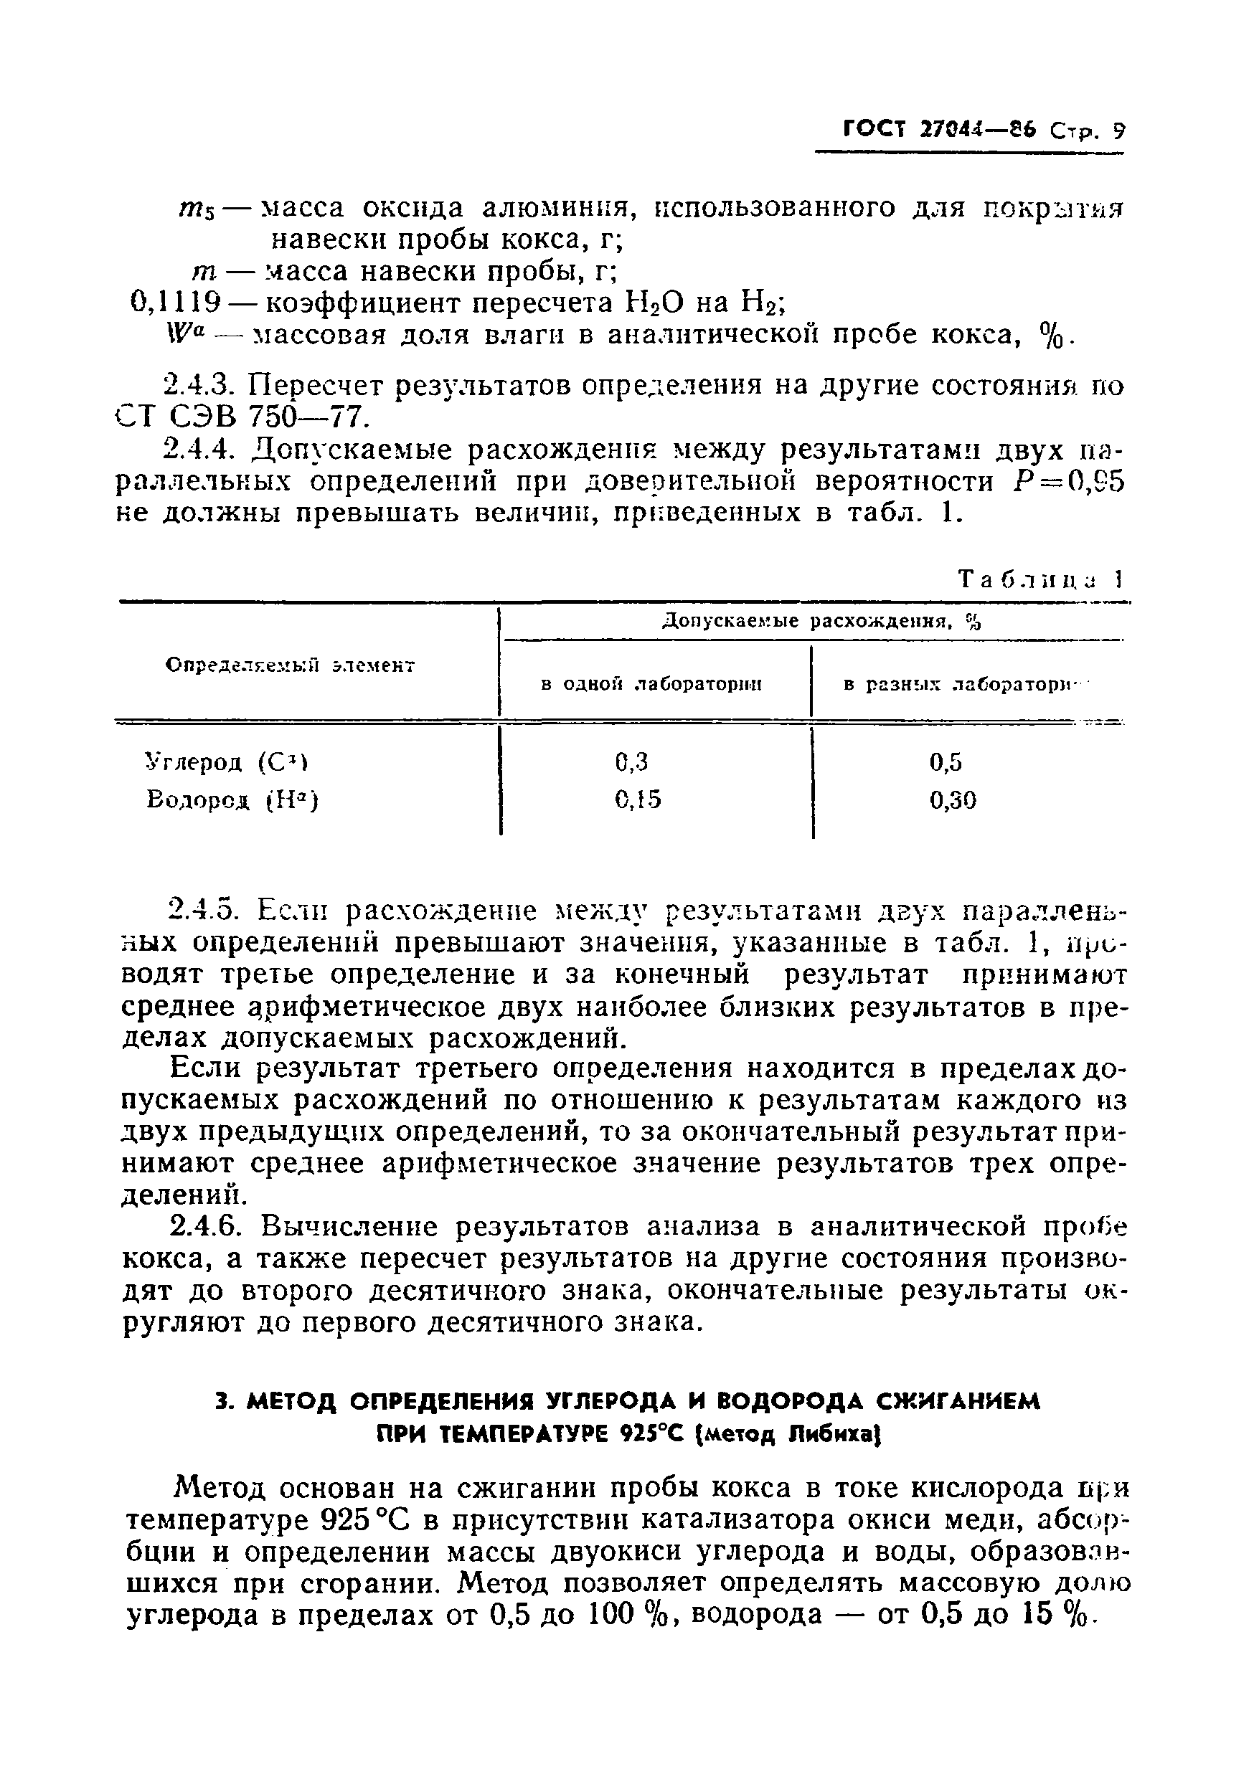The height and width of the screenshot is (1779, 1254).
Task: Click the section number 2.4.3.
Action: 204,386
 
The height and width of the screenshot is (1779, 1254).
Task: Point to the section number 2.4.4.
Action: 204,450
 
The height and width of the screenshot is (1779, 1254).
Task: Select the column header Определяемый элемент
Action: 291,665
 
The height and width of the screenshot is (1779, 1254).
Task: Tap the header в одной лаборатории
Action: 651,685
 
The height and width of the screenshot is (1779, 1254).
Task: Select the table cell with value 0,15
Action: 637,800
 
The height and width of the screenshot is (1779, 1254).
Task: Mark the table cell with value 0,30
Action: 953,800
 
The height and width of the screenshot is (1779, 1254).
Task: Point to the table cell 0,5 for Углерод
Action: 946,763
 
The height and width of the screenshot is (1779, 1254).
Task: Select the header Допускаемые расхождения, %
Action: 821,622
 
